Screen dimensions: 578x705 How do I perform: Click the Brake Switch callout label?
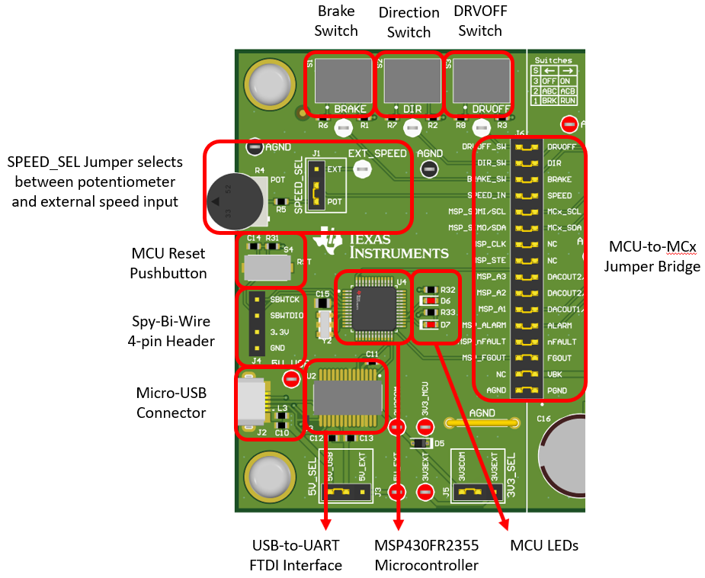tap(335, 21)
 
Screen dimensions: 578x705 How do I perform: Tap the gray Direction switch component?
tap(412, 77)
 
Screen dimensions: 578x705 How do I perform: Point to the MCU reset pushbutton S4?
tap(267, 267)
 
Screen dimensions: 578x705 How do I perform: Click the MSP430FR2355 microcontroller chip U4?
tap(373, 307)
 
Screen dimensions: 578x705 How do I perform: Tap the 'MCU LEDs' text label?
tap(543, 545)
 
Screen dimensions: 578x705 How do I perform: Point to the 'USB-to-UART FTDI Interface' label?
tap(296, 554)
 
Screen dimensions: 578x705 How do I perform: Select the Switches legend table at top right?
tap(555, 80)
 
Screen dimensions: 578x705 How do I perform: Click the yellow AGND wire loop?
tap(482, 422)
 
